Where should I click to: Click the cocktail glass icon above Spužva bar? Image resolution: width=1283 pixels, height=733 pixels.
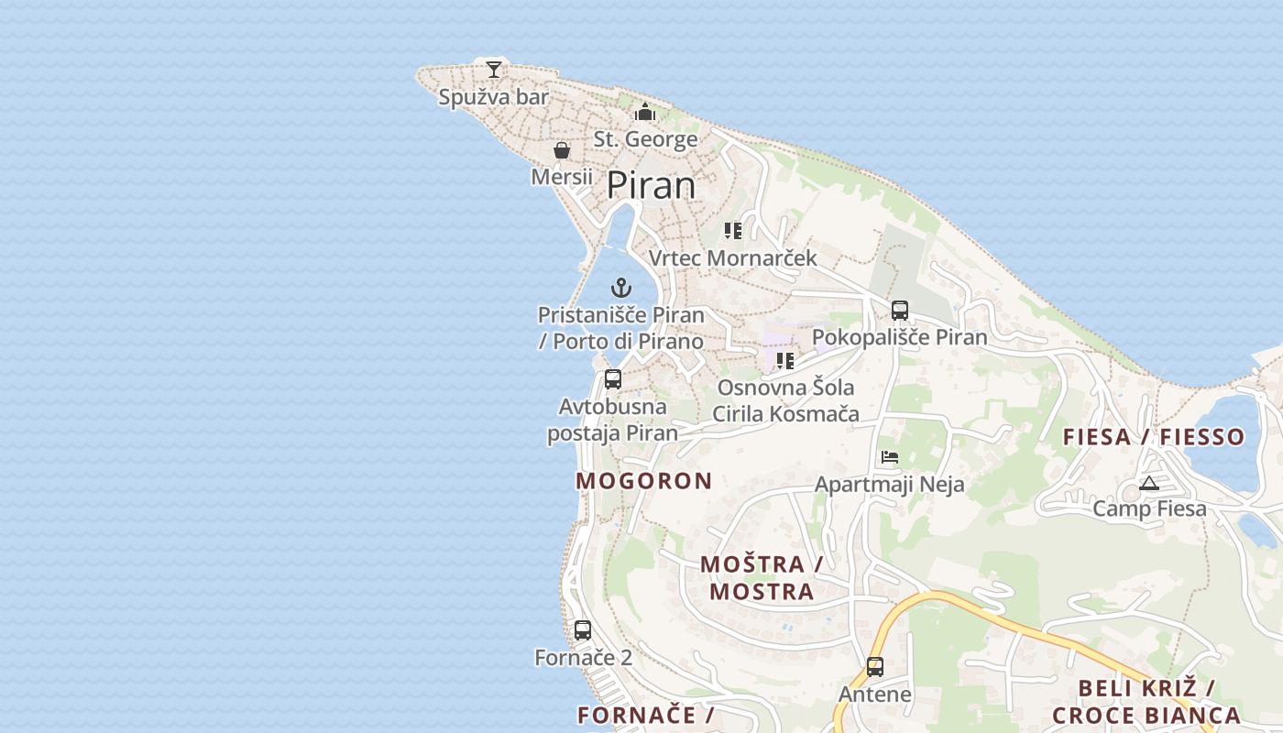tap(494, 69)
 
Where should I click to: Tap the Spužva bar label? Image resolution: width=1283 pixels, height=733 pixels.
tap(493, 97)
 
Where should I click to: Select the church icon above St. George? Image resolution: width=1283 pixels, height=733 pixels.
tap(645, 113)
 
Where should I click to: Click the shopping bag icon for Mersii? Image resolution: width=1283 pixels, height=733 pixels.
tap(562, 150)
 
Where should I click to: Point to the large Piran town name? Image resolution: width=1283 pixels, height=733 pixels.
tap(652, 186)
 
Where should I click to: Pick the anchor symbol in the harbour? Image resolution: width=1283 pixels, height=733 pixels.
tap(621, 288)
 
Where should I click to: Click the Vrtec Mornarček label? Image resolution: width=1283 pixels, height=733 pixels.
tap(732, 258)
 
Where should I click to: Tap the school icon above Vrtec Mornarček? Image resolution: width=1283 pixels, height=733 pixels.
tap(732, 231)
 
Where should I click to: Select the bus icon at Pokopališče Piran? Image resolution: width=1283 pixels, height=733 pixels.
tap(900, 310)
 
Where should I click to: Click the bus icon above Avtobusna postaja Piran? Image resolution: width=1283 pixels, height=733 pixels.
tap(613, 378)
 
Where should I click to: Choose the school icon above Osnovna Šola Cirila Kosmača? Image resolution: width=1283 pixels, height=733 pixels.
tap(785, 361)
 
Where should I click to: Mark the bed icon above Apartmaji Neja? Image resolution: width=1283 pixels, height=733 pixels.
tap(889, 456)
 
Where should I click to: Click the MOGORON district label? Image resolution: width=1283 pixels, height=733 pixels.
tap(644, 481)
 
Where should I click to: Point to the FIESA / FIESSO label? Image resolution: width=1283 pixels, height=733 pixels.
tap(1154, 437)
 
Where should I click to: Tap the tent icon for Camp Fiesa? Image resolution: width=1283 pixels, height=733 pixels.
tap(1149, 483)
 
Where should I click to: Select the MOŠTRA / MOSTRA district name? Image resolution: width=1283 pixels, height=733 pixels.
tap(762, 577)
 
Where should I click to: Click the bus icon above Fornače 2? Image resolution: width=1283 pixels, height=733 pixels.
tap(583, 630)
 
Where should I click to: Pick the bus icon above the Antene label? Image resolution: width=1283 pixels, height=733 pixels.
tap(875, 667)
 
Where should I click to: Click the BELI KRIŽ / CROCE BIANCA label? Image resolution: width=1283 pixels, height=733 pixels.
tap(1146, 702)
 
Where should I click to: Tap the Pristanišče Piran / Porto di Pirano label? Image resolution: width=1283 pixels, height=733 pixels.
tap(621, 328)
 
